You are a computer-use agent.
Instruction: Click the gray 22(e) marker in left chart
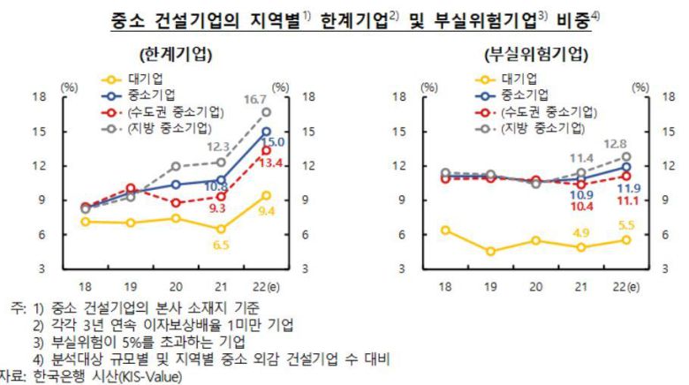(x=266, y=112)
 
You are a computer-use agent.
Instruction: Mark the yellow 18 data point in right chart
(x=445, y=230)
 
